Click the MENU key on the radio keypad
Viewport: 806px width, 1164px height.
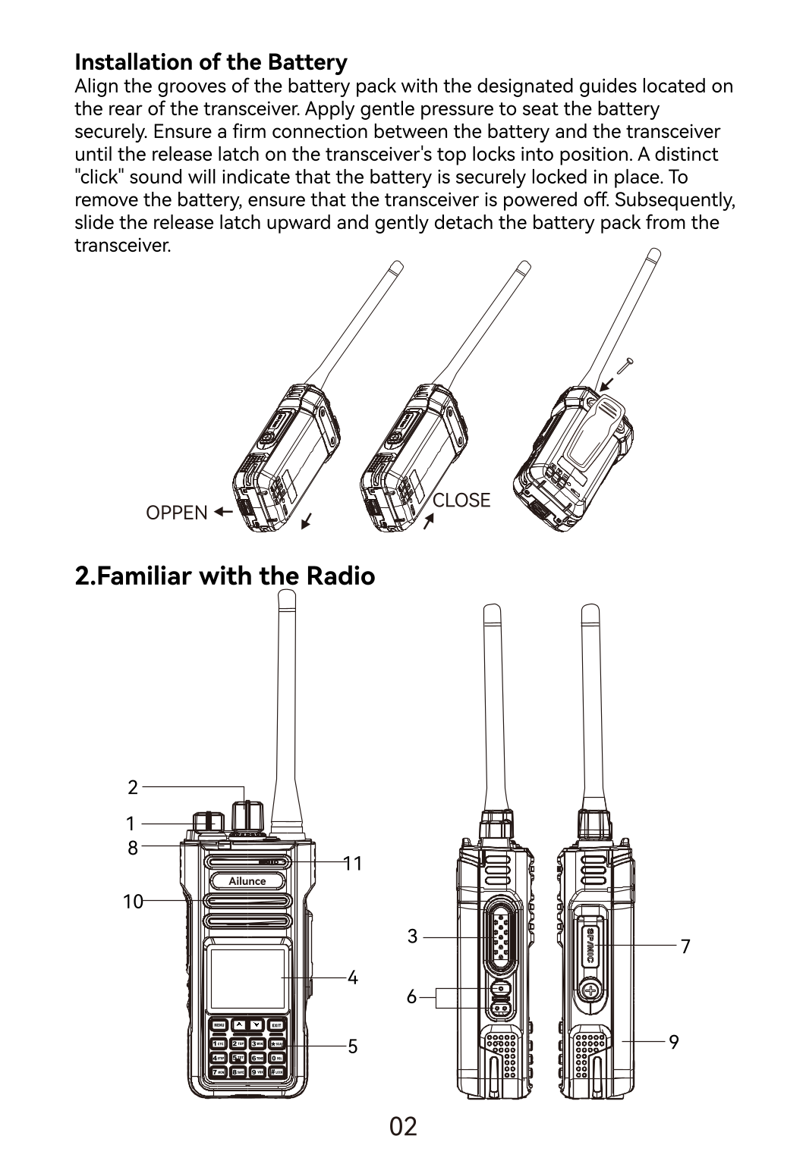pos(219,1025)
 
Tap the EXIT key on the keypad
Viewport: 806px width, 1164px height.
pos(277,1025)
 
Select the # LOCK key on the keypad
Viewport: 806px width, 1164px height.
pos(277,1071)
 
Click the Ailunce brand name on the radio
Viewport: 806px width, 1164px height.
pos(247,881)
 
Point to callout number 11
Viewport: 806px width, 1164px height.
pos(353,863)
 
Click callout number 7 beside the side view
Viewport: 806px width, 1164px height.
pos(685,946)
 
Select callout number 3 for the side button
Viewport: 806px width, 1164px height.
pos(412,937)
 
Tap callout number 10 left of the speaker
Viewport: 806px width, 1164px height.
pos(133,902)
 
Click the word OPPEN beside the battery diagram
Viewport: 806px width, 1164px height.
pos(176,513)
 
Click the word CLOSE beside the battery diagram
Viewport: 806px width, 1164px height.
pos(461,500)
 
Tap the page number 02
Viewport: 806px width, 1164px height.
pos(403,1127)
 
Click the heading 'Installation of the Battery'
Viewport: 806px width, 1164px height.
pos(211,61)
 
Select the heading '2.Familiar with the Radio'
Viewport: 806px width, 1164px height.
pos(225,576)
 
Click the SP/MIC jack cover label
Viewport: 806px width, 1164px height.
pos(590,945)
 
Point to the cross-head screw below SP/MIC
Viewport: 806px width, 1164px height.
pos(590,990)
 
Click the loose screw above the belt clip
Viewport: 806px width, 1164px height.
pos(625,366)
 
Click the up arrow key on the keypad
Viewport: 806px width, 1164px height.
pos(239,1025)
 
